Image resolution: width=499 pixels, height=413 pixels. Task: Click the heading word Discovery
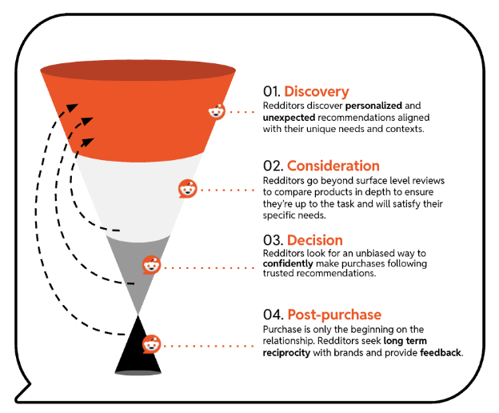coord(316,91)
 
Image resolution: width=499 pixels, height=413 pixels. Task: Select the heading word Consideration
coord(333,166)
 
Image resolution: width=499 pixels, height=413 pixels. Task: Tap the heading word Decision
coord(314,240)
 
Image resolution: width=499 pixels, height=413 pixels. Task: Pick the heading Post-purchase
coord(333,315)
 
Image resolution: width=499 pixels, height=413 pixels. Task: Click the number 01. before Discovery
coord(272,91)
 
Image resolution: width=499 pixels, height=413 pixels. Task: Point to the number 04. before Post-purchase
coord(273,315)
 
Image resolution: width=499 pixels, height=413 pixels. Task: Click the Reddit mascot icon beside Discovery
coord(217,111)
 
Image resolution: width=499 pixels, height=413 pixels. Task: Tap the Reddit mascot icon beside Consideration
coord(186,190)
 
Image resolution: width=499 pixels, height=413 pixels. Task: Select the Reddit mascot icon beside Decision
coord(150,265)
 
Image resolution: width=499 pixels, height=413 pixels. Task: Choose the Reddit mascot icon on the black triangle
coord(150,344)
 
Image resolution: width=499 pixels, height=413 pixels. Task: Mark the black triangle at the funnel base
coord(138,352)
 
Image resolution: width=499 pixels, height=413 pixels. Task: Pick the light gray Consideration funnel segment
coord(136,192)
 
